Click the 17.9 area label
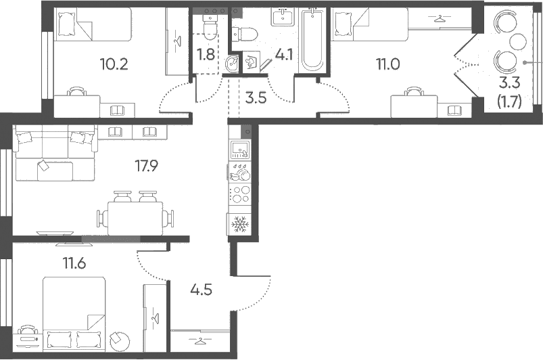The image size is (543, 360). point(146,166)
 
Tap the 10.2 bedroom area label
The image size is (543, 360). point(114,64)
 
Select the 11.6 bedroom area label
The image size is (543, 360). point(74,264)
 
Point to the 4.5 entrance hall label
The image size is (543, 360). point(201,290)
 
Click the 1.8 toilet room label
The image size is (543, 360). point(206,55)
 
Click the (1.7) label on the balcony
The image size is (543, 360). point(509,102)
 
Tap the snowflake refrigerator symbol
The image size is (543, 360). point(239,225)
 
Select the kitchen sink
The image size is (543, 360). point(239,150)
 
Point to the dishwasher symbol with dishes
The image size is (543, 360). point(239,172)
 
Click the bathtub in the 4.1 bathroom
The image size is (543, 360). point(312,40)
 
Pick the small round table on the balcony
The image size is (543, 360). point(518,41)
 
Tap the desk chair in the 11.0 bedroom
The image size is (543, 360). point(414,91)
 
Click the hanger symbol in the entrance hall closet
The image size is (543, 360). point(199,341)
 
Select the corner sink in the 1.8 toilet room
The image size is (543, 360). point(232,64)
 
